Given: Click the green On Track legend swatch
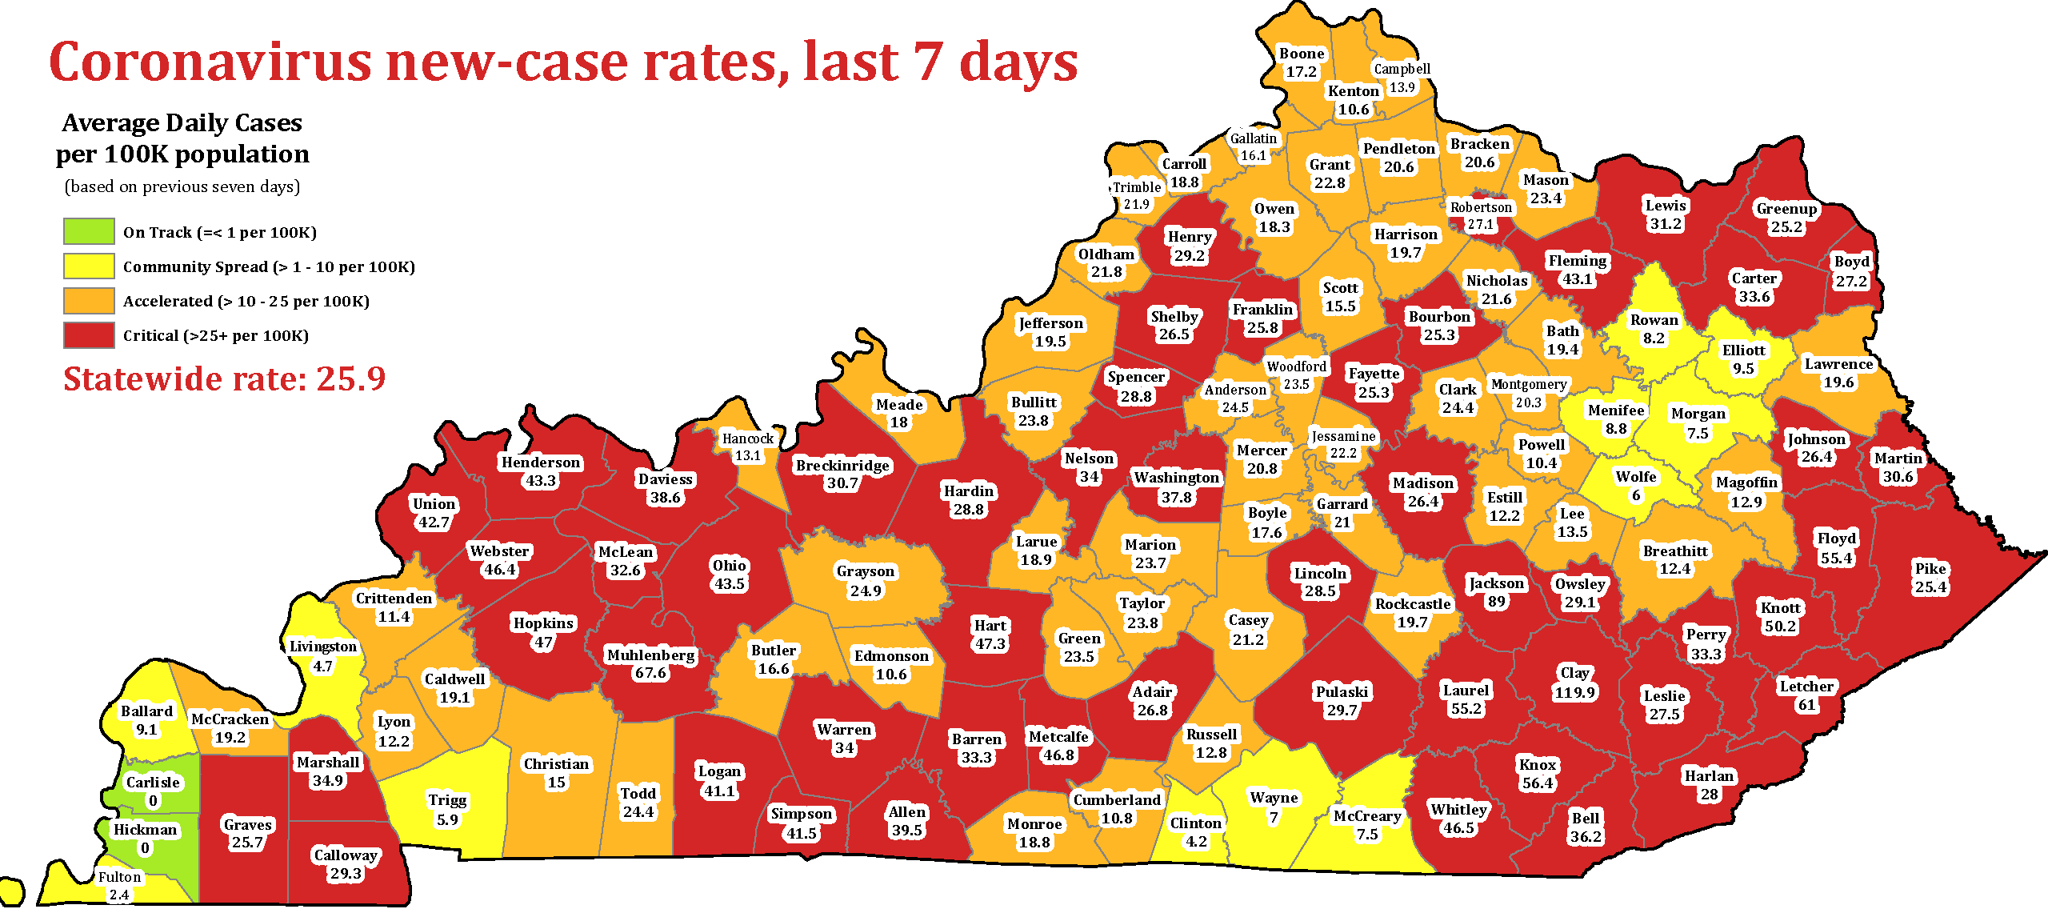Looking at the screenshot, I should (x=89, y=231).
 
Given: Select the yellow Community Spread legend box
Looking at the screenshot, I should (x=89, y=266).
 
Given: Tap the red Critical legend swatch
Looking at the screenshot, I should (x=89, y=334).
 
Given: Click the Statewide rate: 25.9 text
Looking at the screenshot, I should (x=224, y=378).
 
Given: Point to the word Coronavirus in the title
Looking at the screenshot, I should (x=210, y=62).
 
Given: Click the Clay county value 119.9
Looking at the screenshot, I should (x=1574, y=692).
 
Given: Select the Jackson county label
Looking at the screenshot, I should (x=1496, y=583).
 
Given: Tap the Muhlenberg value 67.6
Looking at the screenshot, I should (x=650, y=673).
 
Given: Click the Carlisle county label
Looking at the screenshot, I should (x=153, y=782).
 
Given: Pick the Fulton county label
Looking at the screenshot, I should (x=119, y=876).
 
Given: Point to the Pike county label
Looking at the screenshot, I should (x=1930, y=568).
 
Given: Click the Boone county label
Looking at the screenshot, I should (x=1302, y=54).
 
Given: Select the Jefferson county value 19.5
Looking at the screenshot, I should (x=1050, y=342).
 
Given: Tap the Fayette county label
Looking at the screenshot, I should (x=1374, y=374).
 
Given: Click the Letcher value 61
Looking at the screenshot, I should (x=1806, y=705).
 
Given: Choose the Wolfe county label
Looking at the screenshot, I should (x=1636, y=477).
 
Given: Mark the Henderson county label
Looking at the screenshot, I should (x=541, y=463).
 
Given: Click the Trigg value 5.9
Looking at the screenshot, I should (x=447, y=819).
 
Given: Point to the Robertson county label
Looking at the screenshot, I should (x=1481, y=207).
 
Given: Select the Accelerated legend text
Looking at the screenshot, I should (x=246, y=301).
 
